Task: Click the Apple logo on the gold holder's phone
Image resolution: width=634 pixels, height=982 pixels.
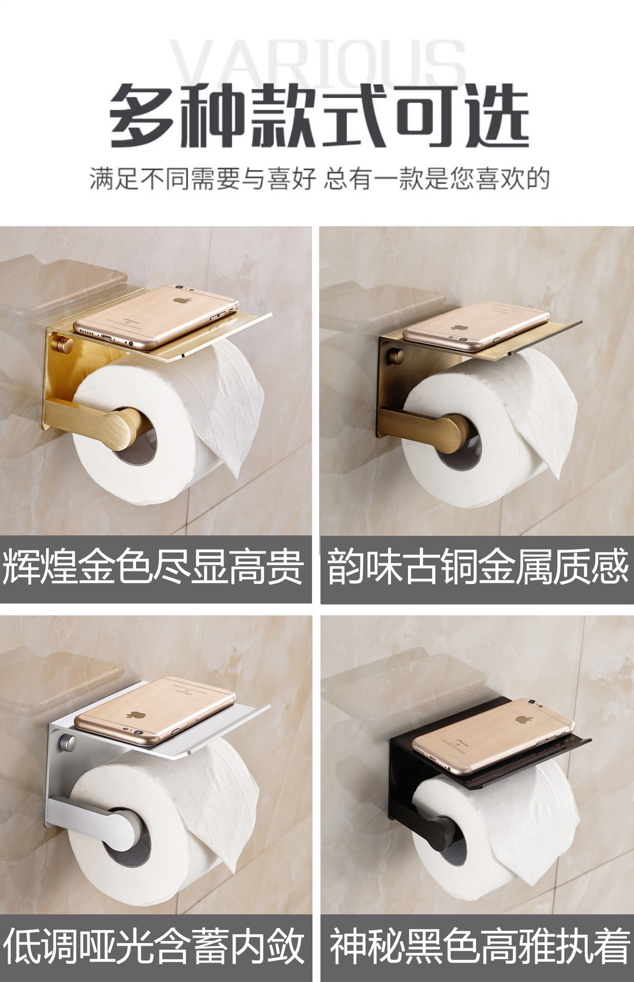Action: coord(180,299)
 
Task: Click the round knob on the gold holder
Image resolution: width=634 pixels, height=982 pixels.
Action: coord(64,343)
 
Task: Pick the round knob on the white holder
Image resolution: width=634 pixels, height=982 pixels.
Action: coord(67,742)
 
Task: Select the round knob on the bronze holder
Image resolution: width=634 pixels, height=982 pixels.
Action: coord(396,354)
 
